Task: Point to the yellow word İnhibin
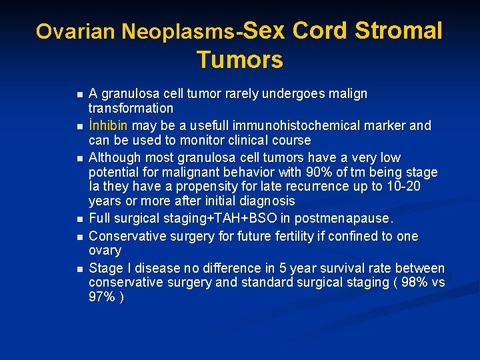point(109,125)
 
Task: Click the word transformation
point(131,108)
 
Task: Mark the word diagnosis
point(260,201)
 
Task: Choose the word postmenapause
point(354,219)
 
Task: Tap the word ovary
point(105,251)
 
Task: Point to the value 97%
point(101,297)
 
